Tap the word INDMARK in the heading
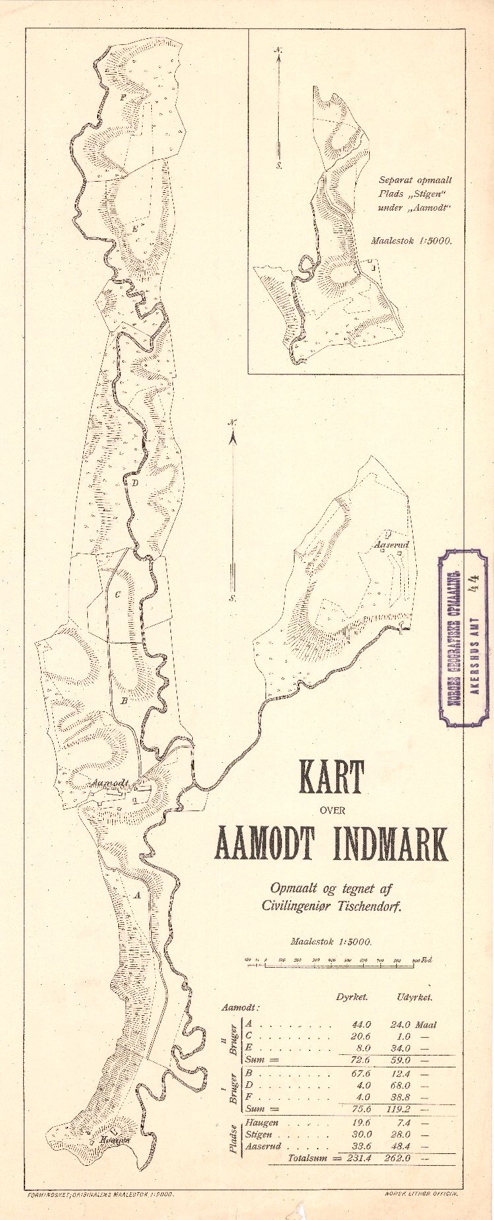390,843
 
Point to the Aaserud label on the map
392,545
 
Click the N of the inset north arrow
279,50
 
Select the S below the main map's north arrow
232,598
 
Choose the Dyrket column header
351,997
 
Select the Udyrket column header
415,997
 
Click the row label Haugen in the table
262,1122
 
